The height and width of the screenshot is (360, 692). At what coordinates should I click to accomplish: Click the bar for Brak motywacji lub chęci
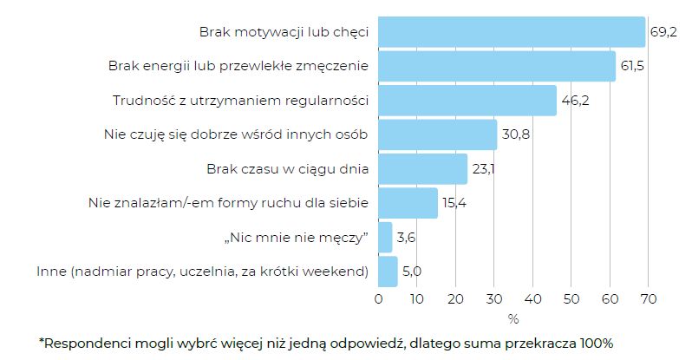point(512,32)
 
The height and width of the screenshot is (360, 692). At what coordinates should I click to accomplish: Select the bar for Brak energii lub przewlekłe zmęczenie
point(497,66)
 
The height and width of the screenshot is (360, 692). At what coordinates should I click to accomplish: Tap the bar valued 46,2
point(467,101)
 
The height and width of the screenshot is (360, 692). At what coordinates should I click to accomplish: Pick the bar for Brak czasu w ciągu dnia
point(423,169)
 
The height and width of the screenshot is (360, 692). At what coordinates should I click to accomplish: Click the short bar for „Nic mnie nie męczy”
point(386,237)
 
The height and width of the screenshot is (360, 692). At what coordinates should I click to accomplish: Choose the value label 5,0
point(412,272)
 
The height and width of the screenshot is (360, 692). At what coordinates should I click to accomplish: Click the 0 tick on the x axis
point(379,299)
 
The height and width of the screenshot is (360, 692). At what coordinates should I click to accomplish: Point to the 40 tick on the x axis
point(532,299)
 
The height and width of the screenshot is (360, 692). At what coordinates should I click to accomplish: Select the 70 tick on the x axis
point(647,299)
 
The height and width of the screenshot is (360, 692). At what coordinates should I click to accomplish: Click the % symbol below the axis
point(513,317)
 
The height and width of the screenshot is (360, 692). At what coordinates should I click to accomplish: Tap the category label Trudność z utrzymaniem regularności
point(241,101)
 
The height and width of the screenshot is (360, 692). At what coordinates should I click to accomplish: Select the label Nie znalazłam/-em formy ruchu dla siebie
point(229,203)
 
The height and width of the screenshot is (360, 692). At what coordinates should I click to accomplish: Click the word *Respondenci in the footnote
point(86,343)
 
